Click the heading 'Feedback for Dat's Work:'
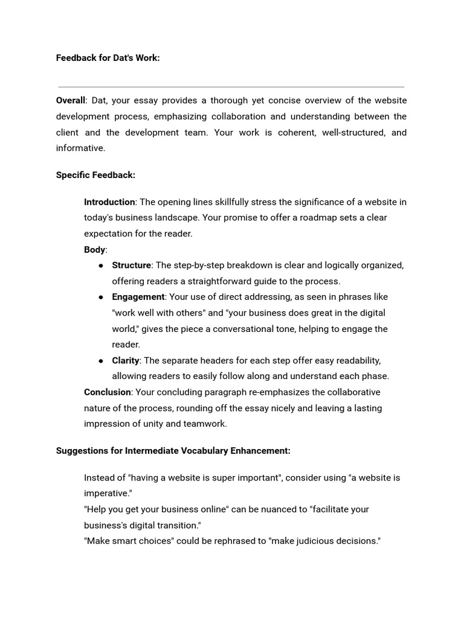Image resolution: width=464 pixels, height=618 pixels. (x=108, y=58)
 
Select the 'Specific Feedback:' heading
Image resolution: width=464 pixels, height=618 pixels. (x=95, y=175)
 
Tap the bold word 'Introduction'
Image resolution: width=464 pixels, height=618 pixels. (x=109, y=202)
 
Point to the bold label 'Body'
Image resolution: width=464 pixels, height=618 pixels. (x=95, y=249)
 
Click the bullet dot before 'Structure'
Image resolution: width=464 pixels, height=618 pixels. (x=100, y=266)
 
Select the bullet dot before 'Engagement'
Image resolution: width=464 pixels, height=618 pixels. (x=100, y=297)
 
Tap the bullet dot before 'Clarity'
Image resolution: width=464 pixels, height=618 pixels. (x=100, y=360)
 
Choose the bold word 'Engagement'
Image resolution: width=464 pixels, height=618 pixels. (x=138, y=297)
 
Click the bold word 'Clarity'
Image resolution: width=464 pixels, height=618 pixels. (x=126, y=360)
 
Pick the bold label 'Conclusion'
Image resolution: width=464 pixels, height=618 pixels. (x=107, y=392)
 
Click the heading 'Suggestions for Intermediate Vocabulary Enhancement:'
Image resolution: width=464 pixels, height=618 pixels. (x=173, y=450)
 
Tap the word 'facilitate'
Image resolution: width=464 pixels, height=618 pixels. (x=331, y=509)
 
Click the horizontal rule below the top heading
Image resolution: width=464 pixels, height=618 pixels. (x=231, y=87)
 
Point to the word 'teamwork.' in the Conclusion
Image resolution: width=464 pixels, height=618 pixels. (x=208, y=424)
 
